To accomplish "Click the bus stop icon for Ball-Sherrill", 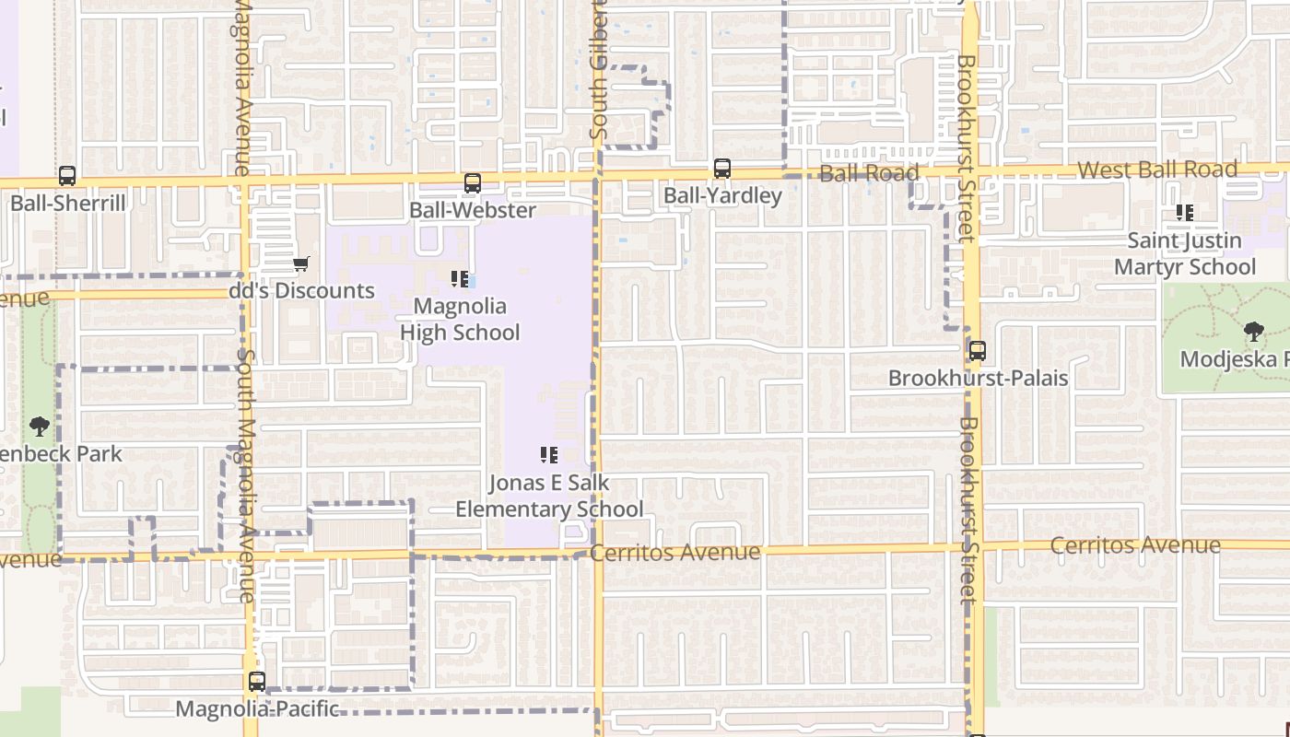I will coord(66,175).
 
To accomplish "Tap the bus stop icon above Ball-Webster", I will coord(472,182).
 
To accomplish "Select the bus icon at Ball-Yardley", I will coord(722,169).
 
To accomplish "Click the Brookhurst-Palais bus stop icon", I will coord(977,351).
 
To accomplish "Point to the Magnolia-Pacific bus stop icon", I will coord(257,682).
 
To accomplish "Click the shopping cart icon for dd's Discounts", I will coord(300,264).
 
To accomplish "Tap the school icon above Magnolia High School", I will coord(459,278).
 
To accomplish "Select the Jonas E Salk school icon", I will coord(549,454).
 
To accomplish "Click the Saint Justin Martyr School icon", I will coord(1185,213).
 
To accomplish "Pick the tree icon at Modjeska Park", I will coord(1253,331).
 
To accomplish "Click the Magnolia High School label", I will coord(460,319).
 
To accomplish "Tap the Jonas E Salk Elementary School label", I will coord(549,496).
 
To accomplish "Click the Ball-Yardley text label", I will coord(722,195).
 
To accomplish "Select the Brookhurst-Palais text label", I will coord(978,378).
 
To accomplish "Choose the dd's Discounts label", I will coord(302,291).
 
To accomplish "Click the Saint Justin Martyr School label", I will coord(1185,253).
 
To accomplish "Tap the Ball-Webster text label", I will coord(473,210).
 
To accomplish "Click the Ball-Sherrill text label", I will coord(67,203).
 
